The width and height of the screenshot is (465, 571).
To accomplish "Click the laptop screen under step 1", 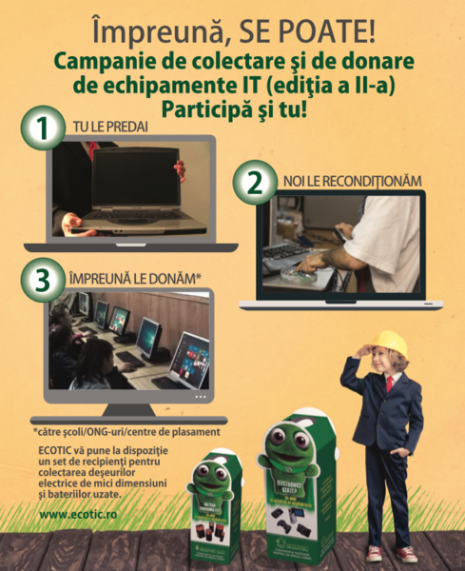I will tap(132, 189).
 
